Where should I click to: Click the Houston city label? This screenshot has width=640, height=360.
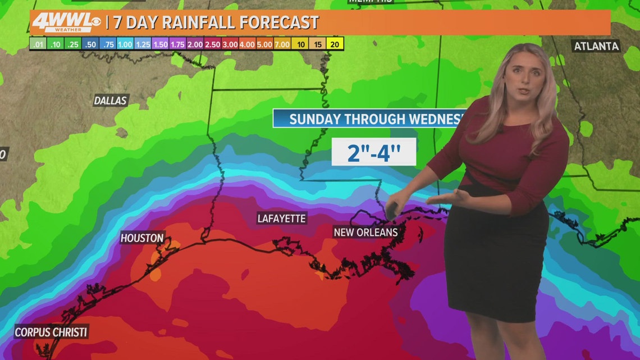142,238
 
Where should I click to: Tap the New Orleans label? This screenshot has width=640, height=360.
365,232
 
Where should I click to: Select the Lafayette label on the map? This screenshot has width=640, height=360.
282,218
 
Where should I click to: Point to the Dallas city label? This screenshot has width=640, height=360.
111,101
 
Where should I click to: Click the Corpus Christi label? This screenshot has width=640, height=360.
51,332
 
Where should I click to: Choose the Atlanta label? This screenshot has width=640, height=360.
596,46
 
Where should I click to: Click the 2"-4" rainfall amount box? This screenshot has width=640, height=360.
373,152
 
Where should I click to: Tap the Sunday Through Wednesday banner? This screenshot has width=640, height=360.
371,119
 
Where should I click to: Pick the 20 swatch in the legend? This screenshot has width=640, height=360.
336,43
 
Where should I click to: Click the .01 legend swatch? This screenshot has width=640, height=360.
38,43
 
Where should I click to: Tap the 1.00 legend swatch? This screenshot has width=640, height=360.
125,43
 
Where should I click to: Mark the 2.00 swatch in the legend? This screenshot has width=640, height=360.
195,43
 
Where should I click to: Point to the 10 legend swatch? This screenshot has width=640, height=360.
300,43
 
